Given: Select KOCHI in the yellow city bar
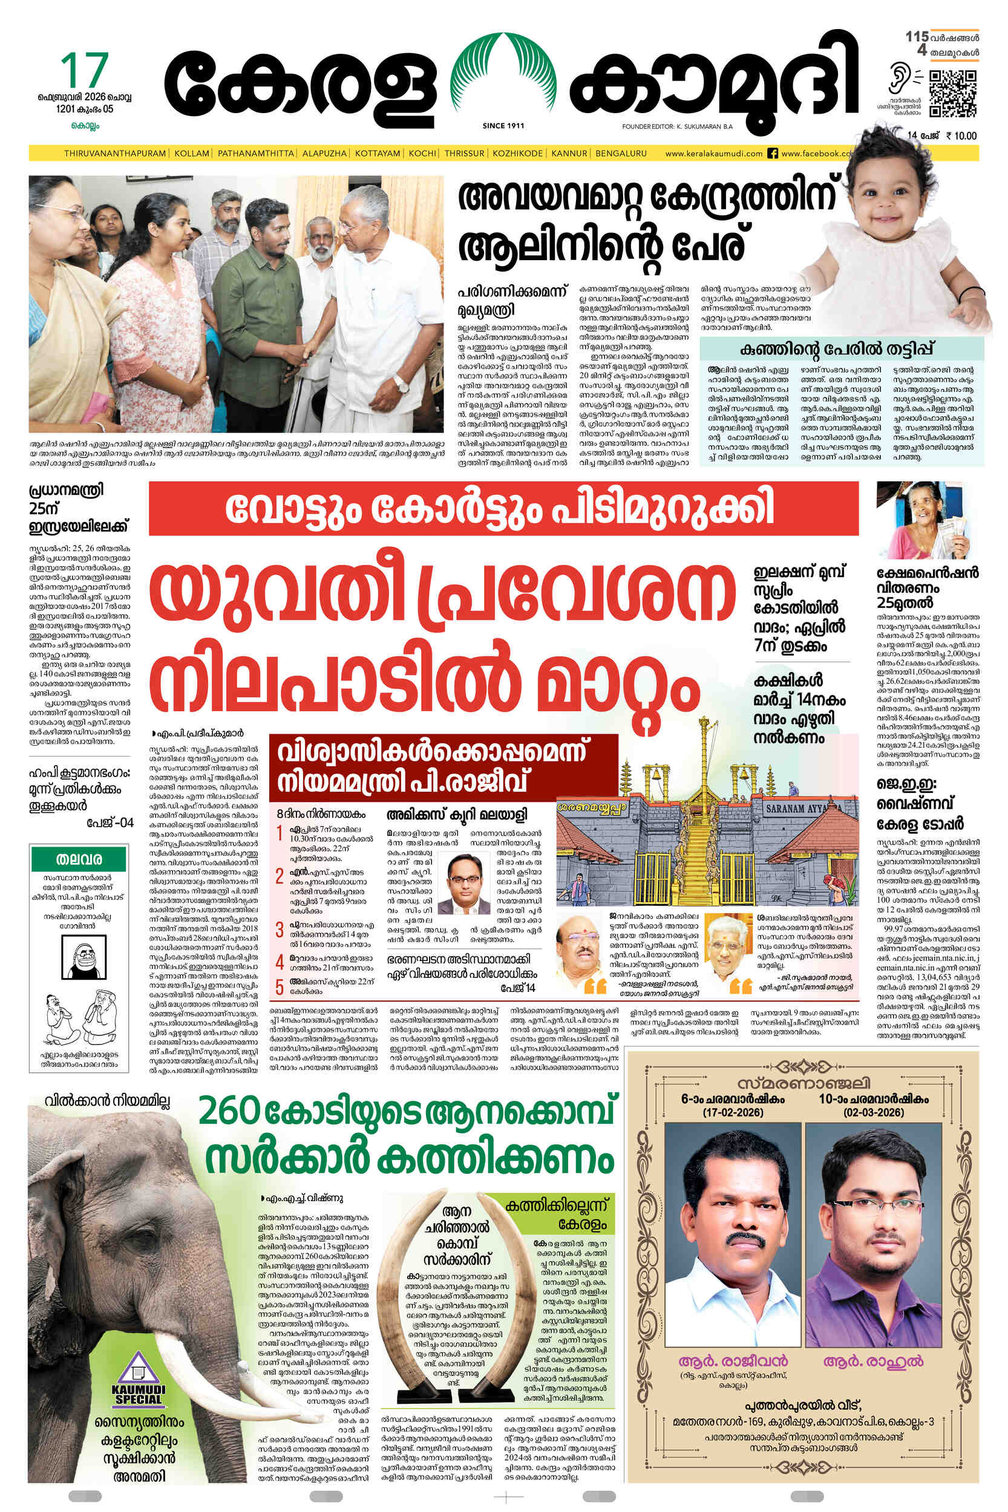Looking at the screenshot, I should pos(422,154).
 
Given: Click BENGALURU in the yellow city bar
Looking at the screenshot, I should pos(621,154).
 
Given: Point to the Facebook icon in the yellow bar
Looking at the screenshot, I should pos(773,154).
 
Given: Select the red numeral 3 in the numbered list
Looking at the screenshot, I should pos(280,929).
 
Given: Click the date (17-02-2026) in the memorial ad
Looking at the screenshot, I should pos(732,1112).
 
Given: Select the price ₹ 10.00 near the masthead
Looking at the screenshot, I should pos(961,135).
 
